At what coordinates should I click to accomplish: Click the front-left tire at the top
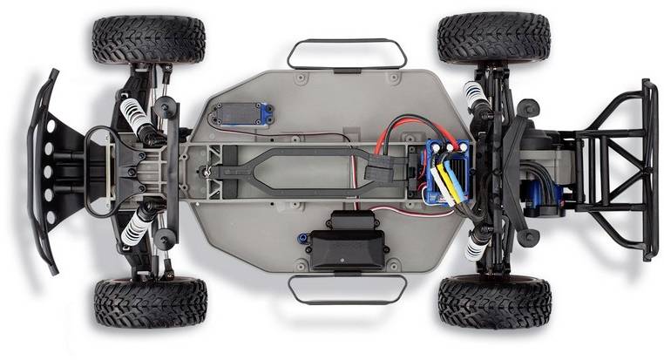point(148,39)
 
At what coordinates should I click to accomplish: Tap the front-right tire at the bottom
point(150,302)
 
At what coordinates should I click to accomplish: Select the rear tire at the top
point(493,37)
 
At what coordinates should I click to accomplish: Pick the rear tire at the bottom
point(494,301)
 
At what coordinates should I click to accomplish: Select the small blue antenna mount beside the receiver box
point(302,237)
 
